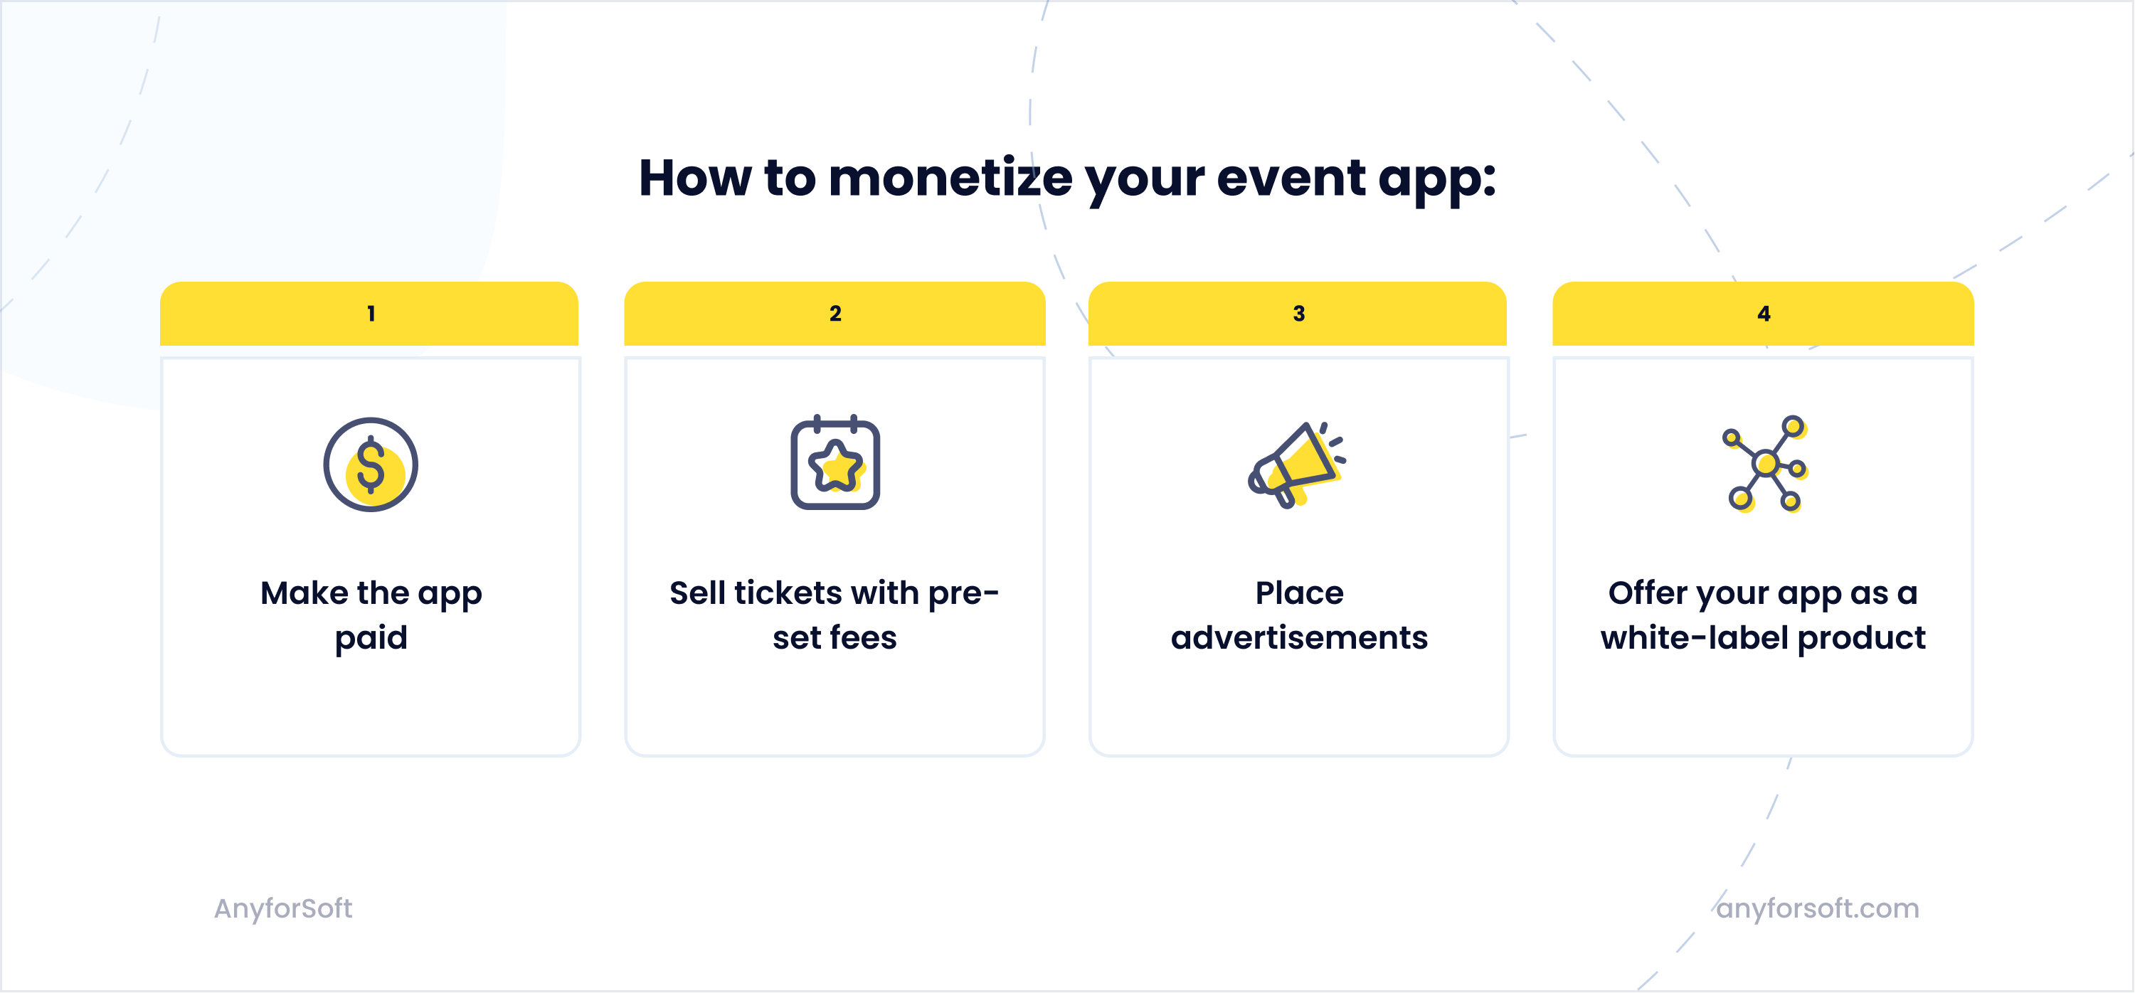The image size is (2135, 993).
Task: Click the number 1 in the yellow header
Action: point(371,313)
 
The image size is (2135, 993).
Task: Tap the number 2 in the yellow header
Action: point(835,313)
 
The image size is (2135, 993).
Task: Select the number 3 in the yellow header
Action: point(1299,313)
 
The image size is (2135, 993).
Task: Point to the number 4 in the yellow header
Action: point(1764,313)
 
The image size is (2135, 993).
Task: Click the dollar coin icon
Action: point(371,464)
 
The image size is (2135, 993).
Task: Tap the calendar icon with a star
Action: point(835,463)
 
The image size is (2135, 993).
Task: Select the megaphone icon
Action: point(1296,464)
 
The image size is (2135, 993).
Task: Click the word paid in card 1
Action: point(371,638)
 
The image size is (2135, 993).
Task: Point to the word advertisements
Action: point(1299,637)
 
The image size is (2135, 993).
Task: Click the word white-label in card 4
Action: point(1694,637)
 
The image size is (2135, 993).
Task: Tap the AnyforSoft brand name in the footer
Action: point(283,908)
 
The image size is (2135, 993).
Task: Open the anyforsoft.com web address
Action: point(1818,908)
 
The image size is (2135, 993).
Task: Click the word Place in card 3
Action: point(1299,593)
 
